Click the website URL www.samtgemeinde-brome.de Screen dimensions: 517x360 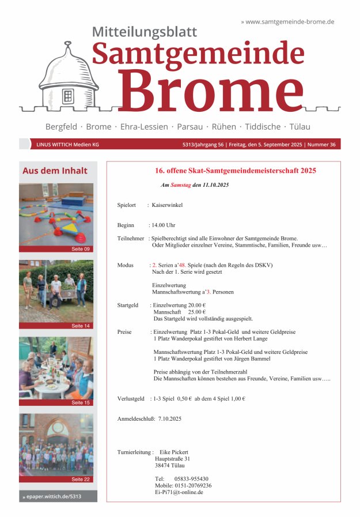[290, 21]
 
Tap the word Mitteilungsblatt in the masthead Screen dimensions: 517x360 [145, 32]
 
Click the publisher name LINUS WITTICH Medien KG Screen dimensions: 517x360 [67, 145]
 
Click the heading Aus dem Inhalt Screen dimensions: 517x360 [55, 171]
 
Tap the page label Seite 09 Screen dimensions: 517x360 [81, 249]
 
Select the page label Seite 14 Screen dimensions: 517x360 [81, 326]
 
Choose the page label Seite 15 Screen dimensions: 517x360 [81, 402]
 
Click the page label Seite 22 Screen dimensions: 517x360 [81, 479]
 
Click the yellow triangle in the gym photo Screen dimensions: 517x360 [69, 228]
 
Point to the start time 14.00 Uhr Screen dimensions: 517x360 [163, 225]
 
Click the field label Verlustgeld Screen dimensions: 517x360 [131, 398]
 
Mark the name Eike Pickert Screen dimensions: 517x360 [173, 452]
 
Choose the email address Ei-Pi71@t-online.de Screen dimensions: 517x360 [179, 493]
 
